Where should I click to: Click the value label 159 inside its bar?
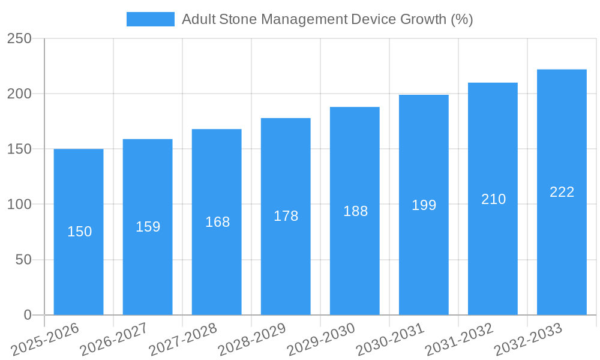[148, 227]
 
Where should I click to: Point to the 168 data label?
[217, 222]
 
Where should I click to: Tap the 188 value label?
[355, 211]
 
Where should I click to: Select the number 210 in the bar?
[493, 199]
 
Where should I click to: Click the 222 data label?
[562, 192]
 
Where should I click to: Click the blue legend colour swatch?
[150, 19]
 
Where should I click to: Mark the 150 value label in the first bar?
[79, 232]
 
